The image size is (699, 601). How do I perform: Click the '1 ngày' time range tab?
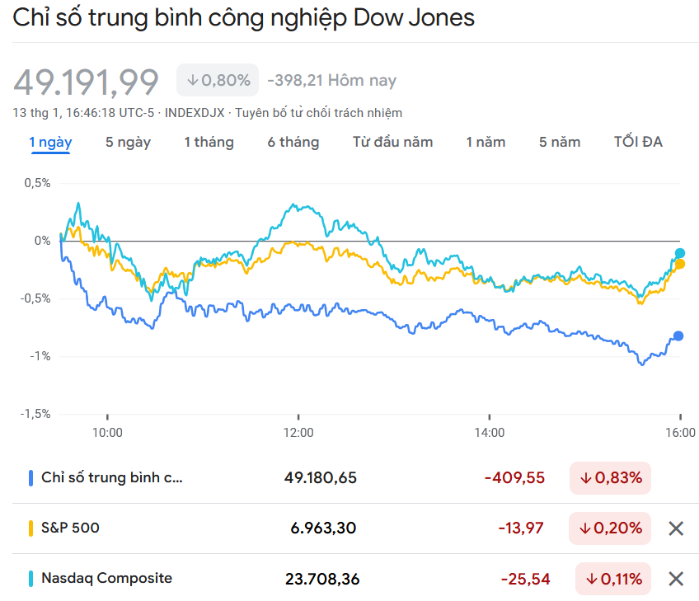50,142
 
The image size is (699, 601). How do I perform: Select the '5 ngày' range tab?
128,142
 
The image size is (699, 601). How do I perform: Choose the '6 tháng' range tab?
293,142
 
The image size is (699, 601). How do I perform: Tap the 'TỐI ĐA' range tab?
638,142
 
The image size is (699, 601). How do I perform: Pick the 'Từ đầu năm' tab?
392,142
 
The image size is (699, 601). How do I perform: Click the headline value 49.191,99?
86,82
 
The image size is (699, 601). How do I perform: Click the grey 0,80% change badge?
218,80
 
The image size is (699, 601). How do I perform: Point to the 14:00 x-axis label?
489,432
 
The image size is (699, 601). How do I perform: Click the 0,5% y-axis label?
36,183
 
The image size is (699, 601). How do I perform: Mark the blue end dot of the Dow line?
678,336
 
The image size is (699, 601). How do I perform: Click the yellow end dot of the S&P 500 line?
680,264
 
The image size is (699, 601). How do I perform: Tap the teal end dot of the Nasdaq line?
680,253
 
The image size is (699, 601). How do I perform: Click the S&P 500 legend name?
70,527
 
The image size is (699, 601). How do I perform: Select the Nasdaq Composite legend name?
106,578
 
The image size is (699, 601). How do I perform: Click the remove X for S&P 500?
676,528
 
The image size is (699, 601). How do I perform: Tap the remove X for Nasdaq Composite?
676,579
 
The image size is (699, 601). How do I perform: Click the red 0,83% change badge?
610,477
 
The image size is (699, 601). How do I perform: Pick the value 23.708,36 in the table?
322,580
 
